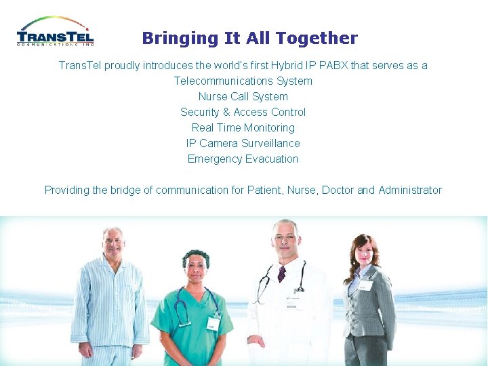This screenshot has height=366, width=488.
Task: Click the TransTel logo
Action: point(55,32)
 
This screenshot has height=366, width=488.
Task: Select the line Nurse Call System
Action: point(243,96)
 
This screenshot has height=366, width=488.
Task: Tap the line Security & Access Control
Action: point(243,112)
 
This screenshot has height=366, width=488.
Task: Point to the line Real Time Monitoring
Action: point(243,127)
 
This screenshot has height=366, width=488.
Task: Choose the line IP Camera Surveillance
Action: point(243,143)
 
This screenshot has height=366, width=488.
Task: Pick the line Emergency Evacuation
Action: point(243,159)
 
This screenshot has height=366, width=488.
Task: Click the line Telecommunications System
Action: point(243,81)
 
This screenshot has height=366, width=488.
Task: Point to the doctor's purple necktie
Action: point(281,274)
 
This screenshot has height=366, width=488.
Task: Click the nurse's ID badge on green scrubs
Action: point(213,323)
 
